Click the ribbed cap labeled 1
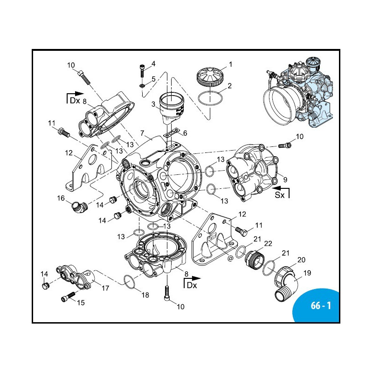[209, 76]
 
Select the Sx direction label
[279, 195]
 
